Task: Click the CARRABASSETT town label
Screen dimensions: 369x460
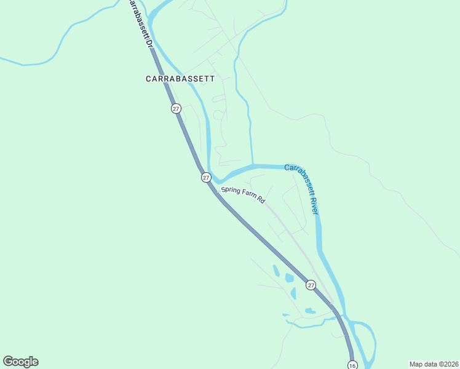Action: click(180, 79)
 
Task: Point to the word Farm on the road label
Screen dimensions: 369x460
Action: click(248, 195)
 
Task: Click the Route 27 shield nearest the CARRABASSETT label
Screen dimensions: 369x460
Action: click(176, 108)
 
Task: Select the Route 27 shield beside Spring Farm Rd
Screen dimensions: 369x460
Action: click(206, 177)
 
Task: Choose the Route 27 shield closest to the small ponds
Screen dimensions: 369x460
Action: click(311, 285)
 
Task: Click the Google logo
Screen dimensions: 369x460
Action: click(20, 362)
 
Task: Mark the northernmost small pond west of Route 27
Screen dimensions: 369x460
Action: click(276, 270)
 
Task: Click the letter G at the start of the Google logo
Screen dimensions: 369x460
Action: click(8, 361)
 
